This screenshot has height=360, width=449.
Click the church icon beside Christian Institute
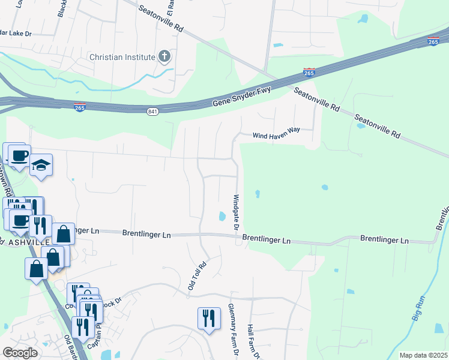[164, 58]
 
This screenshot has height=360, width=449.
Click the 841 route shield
[152, 112]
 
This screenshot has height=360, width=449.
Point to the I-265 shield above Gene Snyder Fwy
[309, 73]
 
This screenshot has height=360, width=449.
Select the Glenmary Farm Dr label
[232, 331]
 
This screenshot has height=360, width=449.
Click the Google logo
[20, 353]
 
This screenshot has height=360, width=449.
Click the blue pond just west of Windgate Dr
[223, 216]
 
